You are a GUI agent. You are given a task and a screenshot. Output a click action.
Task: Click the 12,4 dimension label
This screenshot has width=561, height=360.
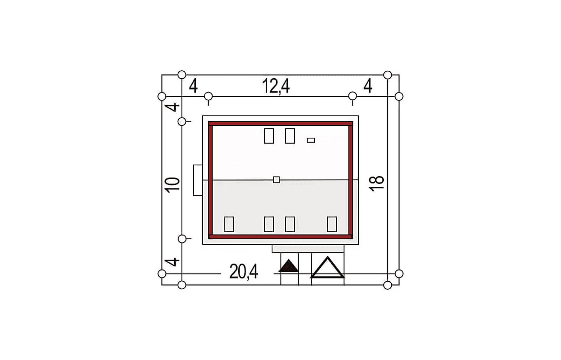(276, 86)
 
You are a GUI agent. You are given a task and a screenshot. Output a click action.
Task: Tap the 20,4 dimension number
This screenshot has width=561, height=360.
(244, 271)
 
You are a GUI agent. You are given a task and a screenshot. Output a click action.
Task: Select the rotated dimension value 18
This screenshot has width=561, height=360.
(377, 184)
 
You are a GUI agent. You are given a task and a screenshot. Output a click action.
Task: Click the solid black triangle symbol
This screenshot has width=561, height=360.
(289, 266)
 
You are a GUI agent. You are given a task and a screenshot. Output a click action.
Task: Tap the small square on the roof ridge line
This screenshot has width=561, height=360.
(277, 180)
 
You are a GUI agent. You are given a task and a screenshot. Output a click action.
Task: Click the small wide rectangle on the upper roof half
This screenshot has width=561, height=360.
(311, 140)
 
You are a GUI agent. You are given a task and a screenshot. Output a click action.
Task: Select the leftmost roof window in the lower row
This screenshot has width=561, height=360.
(229, 224)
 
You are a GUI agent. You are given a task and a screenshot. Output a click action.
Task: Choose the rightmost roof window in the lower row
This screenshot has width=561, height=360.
(332, 224)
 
